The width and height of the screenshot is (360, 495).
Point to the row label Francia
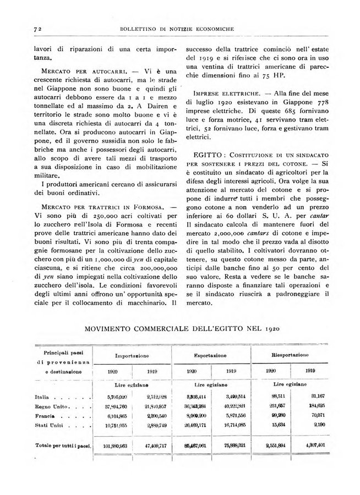coord(45,416)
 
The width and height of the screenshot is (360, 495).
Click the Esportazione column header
coord(215,356)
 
